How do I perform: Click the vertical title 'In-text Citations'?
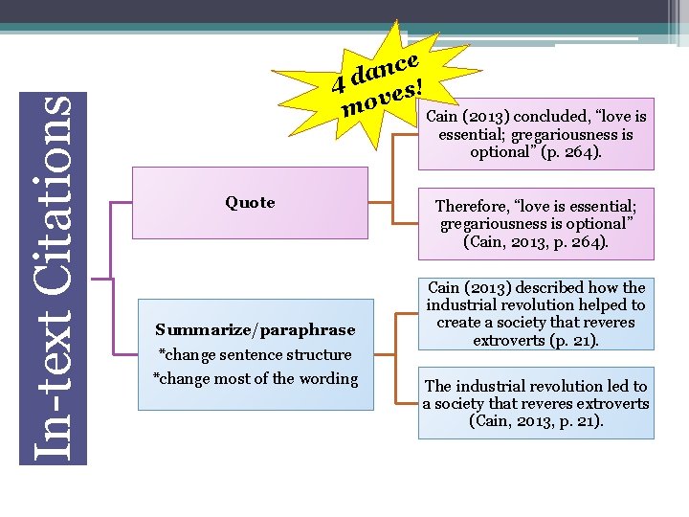pyautogui.click(x=54, y=278)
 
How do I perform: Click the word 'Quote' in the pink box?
pyautogui.click(x=250, y=202)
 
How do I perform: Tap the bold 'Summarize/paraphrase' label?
pyautogui.click(x=256, y=329)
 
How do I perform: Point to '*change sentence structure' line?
pyautogui.click(x=256, y=354)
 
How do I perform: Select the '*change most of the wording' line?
pyautogui.click(x=256, y=378)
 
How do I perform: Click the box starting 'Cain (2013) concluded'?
pyautogui.click(x=536, y=134)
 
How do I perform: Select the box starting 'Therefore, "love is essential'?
pyautogui.click(x=536, y=224)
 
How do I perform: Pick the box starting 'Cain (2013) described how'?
pyautogui.click(x=536, y=314)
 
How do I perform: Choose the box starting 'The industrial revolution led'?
pyautogui.click(x=536, y=403)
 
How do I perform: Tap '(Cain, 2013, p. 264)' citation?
pyautogui.click(x=536, y=242)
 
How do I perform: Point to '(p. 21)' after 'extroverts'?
pyautogui.click(x=572, y=340)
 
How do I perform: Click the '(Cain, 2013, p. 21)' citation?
pyautogui.click(x=536, y=420)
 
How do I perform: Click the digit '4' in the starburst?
pyautogui.click(x=338, y=85)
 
